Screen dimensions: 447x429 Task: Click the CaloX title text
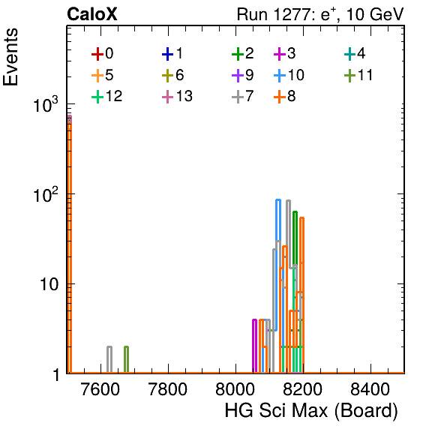[92, 14]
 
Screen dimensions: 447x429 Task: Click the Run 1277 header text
[320, 14]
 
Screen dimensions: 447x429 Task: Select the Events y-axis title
[10, 57]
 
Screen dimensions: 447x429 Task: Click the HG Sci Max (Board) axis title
[311, 411]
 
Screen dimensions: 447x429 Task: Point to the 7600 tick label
[100, 388]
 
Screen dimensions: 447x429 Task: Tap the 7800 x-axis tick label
[168, 388]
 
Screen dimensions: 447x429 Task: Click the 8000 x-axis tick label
[235, 388]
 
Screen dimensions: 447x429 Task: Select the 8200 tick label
[303, 388]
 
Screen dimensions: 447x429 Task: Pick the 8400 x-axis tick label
[370, 388]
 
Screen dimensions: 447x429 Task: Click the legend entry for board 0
[102, 53]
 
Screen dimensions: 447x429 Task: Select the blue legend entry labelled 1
[172, 53]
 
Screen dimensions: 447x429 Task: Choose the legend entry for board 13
[177, 96]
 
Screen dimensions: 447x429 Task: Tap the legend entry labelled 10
[289, 75]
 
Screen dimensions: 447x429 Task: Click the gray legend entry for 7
[243, 96]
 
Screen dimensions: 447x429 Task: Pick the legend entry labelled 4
[355, 53]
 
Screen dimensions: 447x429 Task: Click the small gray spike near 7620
[109, 359]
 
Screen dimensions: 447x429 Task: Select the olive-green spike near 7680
[126, 359]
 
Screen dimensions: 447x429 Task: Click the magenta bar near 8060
[254, 346]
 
